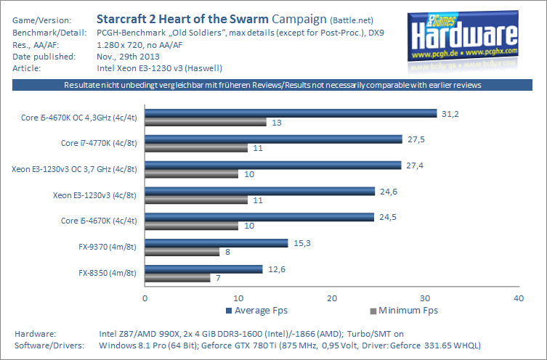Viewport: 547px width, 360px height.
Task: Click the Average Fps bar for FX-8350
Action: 204,269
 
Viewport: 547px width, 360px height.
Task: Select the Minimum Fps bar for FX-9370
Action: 182,252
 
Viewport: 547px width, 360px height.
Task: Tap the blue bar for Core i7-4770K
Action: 273,139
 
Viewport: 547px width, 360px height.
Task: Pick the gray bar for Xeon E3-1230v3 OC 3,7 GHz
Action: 192,174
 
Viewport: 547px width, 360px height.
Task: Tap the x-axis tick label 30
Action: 425,298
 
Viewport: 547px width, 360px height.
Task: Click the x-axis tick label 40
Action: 518,298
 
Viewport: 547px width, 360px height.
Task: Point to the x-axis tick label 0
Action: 145,298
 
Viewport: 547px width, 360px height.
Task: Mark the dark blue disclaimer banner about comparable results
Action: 273,86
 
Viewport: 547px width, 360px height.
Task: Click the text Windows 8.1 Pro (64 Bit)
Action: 146,345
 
